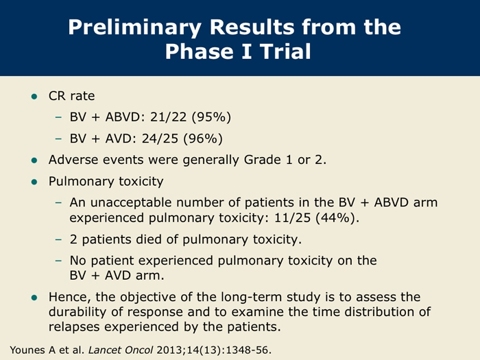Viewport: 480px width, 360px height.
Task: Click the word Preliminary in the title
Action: [x=134, y=28]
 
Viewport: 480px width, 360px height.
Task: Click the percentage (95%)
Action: [x=211, y=117]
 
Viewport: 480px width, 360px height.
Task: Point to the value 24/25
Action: [x=160, y=139]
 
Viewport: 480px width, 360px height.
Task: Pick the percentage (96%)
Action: [x=203, y=139]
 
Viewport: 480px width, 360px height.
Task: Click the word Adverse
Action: [x=73, y=160]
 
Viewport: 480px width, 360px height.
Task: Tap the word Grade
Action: [x=263, y=160]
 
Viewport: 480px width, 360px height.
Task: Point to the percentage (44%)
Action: [x=337, y=218]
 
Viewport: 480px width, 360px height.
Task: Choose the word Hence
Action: [x=70, y=297]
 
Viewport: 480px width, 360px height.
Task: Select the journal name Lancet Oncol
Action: [x=121, y=350]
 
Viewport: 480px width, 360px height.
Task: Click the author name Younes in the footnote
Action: [x=28, y=350]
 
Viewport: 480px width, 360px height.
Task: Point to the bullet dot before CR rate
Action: [x=34, y=97]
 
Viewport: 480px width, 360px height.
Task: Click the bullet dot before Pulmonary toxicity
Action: [x=34, y=182]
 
